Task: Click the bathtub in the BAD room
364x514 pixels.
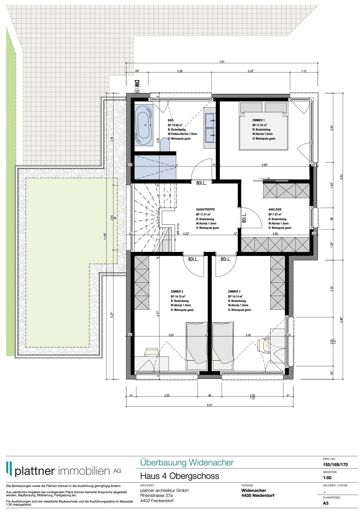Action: [144, 125]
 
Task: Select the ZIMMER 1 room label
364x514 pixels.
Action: [258, 120]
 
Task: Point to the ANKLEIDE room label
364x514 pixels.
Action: [275, 210]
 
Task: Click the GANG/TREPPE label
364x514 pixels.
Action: [205, 210]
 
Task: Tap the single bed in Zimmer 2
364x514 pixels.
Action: [197, 346]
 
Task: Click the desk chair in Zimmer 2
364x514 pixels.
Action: [151, 352]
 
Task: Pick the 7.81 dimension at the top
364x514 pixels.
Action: [222, 62]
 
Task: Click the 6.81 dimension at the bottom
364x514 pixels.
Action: [209, 405]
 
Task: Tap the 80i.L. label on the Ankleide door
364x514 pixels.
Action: [244, 218]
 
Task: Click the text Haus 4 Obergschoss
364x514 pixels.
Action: [180, 476]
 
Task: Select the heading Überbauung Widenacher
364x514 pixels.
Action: [187, 462]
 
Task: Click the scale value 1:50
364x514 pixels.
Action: [327, 478]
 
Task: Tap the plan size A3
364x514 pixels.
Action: [326, 503]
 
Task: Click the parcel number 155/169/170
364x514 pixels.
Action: [335, 465]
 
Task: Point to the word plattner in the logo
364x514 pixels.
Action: [35, 471]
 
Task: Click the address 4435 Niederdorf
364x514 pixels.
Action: [258, 495]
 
